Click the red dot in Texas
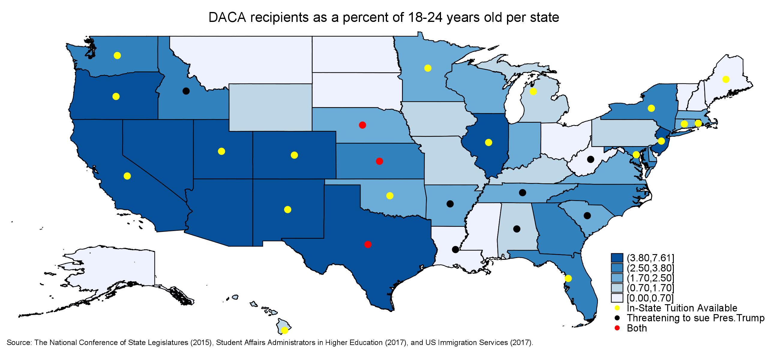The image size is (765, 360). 368,244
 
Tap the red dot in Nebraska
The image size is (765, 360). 362,125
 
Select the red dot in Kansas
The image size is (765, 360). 379,161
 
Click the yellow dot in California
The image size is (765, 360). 127,176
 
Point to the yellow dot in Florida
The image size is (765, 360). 568,278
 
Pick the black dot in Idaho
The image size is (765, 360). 186,91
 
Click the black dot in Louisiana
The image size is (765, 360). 455,249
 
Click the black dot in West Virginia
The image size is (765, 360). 591,159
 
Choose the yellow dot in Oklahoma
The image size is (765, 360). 390,196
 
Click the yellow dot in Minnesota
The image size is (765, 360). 428,68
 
